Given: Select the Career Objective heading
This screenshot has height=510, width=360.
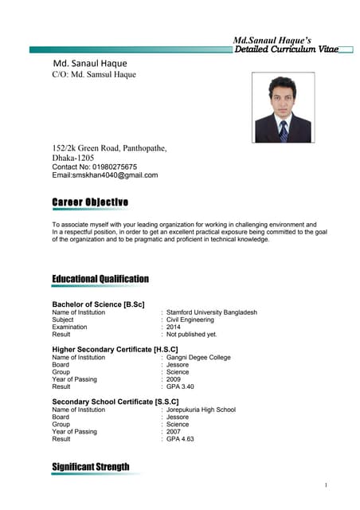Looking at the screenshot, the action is [x=90, y=202].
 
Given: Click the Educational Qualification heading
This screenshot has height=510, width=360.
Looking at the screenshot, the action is [x=100, y=279].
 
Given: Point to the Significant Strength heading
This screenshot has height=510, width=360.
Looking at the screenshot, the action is [x=90, y=467].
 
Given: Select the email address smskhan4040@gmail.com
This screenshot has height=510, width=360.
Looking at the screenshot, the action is [x=122, y=175].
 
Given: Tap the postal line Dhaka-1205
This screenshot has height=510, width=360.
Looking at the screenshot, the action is [x=73, y=158].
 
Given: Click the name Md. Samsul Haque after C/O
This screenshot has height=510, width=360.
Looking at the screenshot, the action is [x=104, y=75].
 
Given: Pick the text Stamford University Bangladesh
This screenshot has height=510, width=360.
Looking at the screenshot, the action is [x=212, y=312].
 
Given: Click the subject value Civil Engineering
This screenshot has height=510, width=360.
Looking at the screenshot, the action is [x=190, y=320].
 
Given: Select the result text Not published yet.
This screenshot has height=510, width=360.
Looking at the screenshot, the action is [x=191, y=335].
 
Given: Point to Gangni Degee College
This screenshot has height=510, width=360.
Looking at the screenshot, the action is [x=198, y=358].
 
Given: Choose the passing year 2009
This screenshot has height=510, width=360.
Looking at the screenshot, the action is [x=174, y=379].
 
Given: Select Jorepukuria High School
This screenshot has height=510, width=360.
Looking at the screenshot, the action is [x=201, y=410].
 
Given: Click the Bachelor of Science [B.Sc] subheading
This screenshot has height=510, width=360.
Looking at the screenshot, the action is [x=98, y=304].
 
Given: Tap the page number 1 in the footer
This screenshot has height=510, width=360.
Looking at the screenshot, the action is [x=327, y=485].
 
